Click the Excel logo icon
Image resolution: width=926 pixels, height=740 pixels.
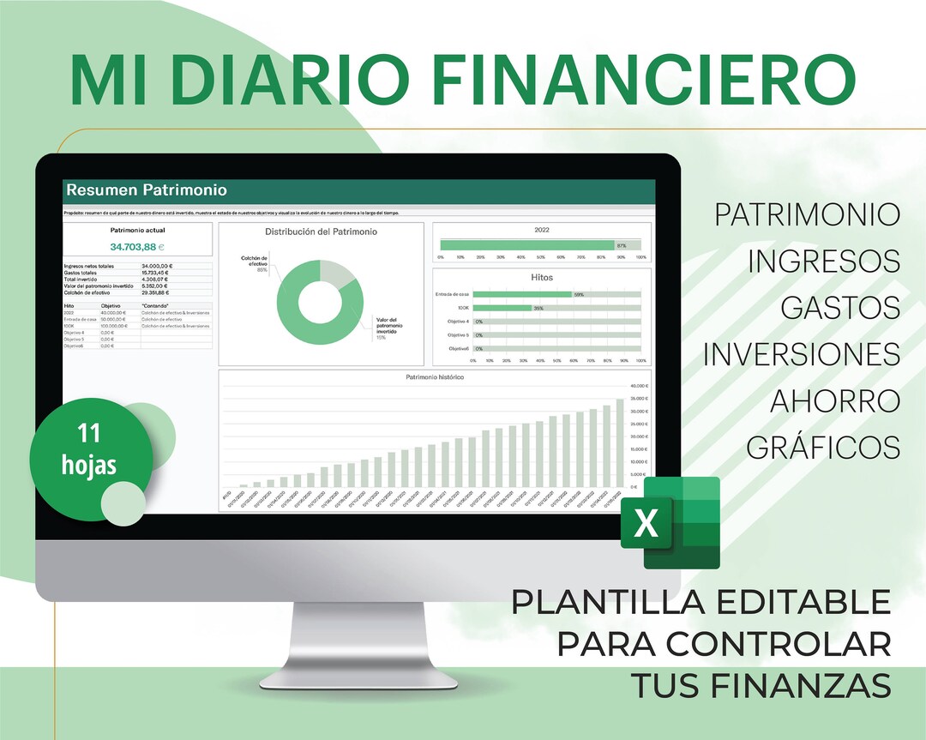[x=670, y=522]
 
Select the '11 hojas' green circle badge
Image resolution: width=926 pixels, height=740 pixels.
[x=89, y=450]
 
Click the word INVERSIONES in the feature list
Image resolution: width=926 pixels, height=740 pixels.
[x=802, y=353]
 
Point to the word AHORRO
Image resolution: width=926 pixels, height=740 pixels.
[x=834, y=400]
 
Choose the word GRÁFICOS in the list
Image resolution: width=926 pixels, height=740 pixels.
[x=823, y=447]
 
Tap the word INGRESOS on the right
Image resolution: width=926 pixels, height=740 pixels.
[x=824, y=261]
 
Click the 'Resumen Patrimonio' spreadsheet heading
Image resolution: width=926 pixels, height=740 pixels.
[x=147, y=190]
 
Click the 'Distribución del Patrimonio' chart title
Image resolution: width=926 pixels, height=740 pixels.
[x=321, y=232]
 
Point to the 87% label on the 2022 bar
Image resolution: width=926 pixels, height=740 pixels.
[x=621, y=245]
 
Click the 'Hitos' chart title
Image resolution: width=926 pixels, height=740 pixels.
[x=541, y=278]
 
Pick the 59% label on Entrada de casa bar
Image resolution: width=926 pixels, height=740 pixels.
[x=579, y=294]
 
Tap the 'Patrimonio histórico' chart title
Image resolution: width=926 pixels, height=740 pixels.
[x=434, y=377]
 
